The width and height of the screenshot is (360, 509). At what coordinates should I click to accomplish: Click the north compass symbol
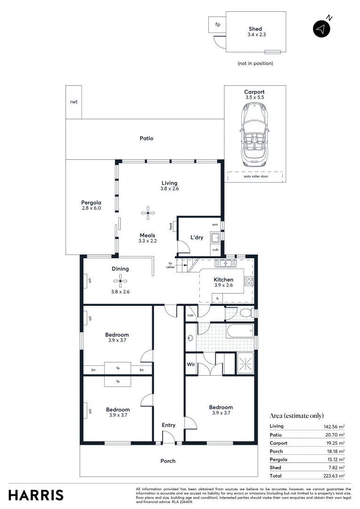click(x=322, y=29)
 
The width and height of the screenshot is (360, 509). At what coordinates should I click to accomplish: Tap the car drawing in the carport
click(x=254, y=134)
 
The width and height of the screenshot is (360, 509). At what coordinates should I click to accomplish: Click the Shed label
click(x=255, y=29)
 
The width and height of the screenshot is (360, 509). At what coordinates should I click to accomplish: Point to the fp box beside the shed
click(x=217, y=25)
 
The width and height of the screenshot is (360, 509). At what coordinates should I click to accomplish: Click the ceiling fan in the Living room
click(x=148, y=213)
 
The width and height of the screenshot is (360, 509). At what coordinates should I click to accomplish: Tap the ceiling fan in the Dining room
click(x=120, y=281)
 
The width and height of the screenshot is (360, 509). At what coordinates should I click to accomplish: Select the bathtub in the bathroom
click(x=239, y=332)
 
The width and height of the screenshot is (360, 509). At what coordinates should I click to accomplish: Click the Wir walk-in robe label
click(x=191, y=364)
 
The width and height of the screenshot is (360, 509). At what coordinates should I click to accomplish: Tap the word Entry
click(x=169, y=425)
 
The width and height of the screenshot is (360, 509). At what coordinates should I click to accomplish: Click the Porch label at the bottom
click(x=168, y=461)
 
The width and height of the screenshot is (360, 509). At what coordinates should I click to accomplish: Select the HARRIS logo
click(x=36, y=495)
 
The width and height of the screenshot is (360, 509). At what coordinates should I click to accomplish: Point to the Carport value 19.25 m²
click(x=335, y=443)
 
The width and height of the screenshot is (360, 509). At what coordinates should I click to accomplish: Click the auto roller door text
click(x=254, y=176)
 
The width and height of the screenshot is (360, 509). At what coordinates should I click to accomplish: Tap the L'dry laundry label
click(x=197, y=238)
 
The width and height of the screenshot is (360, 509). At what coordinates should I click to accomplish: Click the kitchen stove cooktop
click(x=249, y=281)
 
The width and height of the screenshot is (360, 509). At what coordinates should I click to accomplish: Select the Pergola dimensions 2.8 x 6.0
click(x=91, y=208)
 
